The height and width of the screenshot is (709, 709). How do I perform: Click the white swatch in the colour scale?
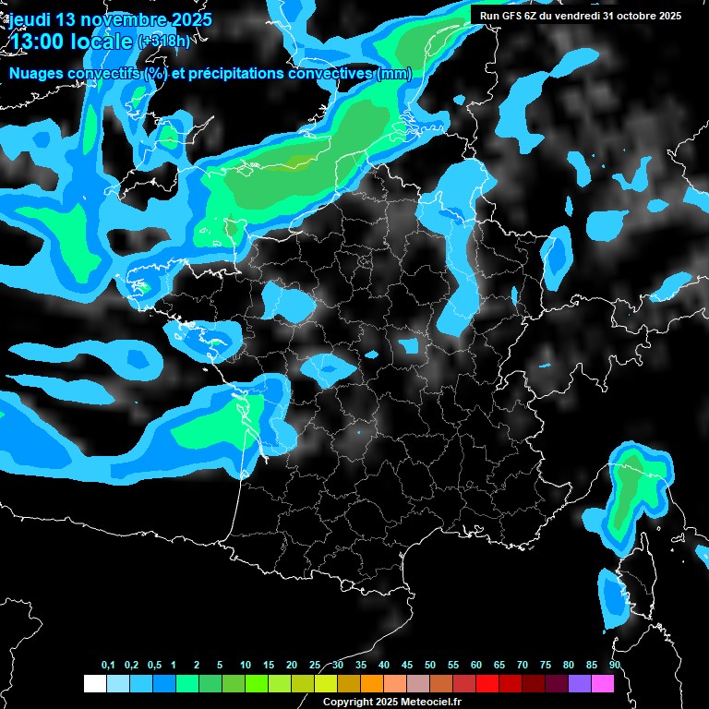(94, 683)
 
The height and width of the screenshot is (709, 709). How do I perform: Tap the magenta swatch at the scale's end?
(603, 683)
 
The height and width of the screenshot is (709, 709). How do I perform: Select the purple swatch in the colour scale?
(580, 683)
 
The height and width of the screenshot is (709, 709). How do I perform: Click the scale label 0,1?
(108, 666)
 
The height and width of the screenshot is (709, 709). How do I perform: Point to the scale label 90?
(615, 666)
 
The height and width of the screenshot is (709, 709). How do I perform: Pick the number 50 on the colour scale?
(430, 666)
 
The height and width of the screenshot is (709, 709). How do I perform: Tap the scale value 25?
(315, 666)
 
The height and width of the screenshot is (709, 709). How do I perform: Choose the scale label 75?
(546, 666)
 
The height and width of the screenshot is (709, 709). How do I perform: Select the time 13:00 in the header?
(38, 42)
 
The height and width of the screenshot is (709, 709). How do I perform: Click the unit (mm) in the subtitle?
(394, 73)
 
